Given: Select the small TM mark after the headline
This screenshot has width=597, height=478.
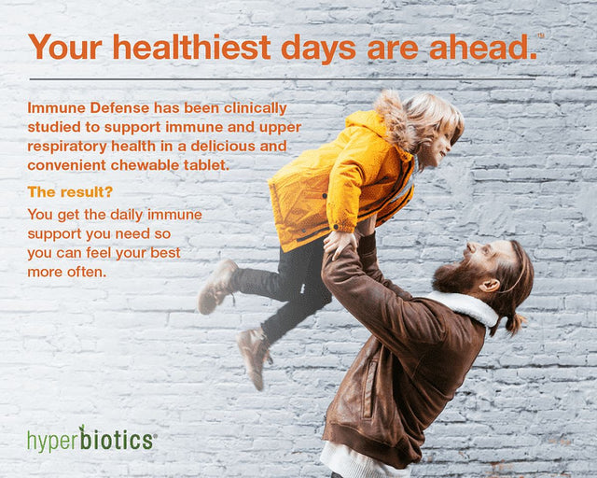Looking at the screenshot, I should (541, 35).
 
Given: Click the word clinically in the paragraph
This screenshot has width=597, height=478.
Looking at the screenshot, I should (254, 109).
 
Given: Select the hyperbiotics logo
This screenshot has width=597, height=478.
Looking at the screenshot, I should (90, 439).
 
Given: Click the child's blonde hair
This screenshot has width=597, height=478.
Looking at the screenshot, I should (420, 117).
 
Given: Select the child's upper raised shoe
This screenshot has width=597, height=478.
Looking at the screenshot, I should (218, 286).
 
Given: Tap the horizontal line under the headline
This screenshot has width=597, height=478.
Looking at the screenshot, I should (280, 78).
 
